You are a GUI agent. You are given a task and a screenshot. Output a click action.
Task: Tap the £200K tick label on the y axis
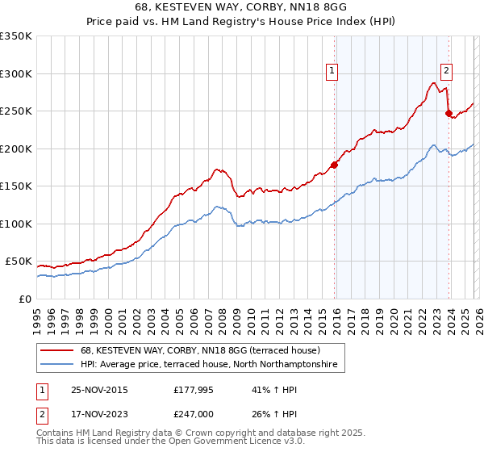click(x=15, y=149)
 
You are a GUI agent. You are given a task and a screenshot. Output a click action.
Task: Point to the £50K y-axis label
click(x=18, y=262)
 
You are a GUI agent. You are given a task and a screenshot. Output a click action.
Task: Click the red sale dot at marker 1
click(x=335, y=165)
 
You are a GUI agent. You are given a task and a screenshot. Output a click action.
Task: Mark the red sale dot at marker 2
click(x=449, y=113)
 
